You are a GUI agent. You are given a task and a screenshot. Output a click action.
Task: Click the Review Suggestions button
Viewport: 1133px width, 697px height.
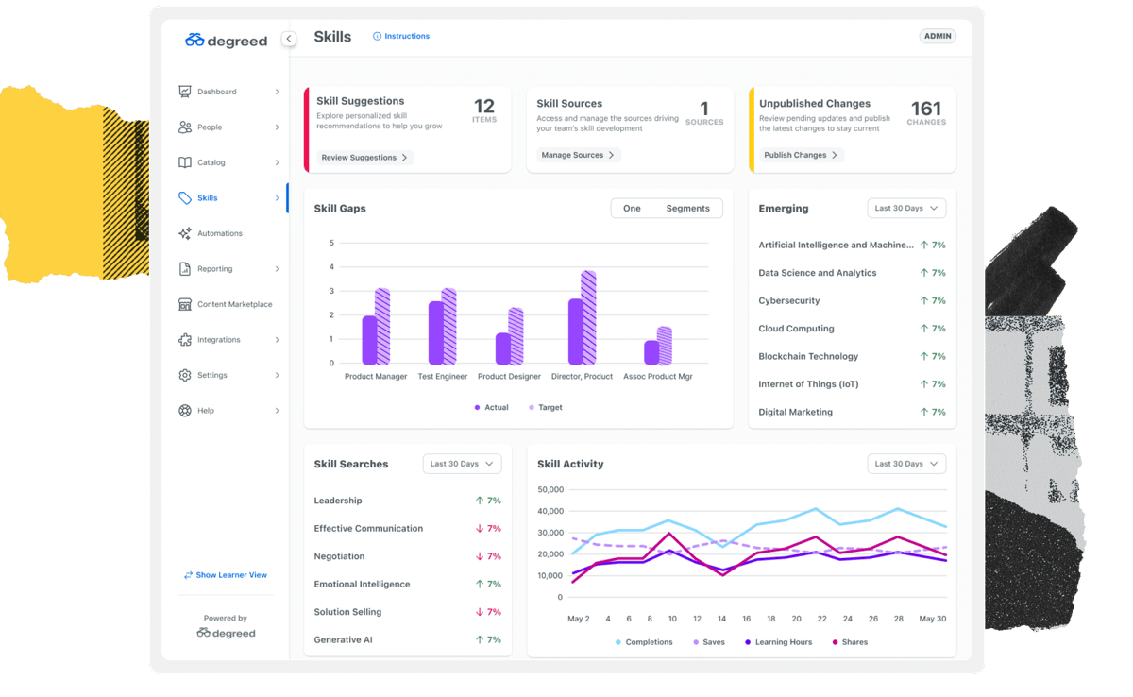(x=364, y=158)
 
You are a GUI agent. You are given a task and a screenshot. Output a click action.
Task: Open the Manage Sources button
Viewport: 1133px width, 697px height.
(x=578, y=155)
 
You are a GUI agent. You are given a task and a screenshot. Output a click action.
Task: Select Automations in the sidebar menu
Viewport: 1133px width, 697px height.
(x=219, y=233)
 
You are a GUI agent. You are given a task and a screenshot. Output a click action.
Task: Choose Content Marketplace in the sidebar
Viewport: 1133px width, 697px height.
(x=234, y=304)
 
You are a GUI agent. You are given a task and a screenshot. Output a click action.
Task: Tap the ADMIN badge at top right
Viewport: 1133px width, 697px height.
(x=938, y=36)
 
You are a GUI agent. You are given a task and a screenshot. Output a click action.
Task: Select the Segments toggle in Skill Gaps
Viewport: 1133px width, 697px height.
(x=687, y=209)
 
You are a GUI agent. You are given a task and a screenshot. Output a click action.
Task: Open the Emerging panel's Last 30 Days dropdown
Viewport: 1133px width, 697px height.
(x=906, y=209)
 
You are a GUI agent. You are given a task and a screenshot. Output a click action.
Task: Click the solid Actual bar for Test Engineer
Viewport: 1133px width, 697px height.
(x=435, y=333)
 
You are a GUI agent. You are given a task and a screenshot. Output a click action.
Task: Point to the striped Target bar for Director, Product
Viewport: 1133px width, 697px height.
(x=588, y=318)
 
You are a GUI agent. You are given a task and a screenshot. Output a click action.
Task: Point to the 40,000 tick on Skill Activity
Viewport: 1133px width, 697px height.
(x=550, y=511)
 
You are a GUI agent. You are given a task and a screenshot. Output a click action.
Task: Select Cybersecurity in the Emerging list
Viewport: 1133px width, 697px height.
(x=789, y=301)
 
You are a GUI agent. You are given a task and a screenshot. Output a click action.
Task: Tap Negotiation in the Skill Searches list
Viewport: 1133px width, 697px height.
(x=339, y=556)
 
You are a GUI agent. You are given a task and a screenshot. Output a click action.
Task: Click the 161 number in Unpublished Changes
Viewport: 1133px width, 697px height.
(x=926, y=109)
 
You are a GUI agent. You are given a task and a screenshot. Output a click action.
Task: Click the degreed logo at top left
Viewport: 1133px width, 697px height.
(x=227, y=41)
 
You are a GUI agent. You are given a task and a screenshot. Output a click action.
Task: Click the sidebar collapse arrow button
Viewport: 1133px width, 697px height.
(x=289, y=39)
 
